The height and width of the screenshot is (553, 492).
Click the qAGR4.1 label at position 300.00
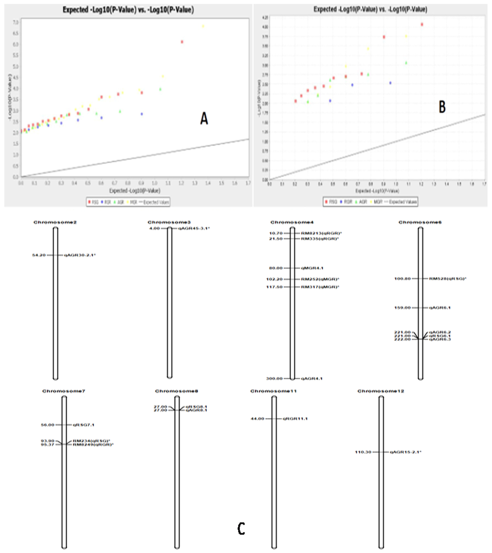coord(312,378)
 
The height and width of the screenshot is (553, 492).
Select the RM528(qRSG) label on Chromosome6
coord(448,279)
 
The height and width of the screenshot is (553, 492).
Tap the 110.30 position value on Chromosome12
coord(363,452)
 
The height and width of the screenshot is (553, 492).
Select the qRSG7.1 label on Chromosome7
coord(84,425)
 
